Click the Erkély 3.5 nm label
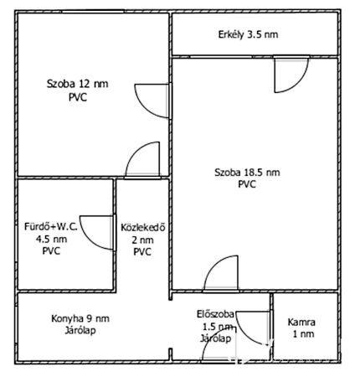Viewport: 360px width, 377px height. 248,35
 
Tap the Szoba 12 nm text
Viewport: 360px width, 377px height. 77,84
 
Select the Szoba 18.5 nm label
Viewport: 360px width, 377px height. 247,173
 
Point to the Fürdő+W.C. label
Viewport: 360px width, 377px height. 51,226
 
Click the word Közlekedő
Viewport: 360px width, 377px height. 143,227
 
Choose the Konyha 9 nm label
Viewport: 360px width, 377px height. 80,318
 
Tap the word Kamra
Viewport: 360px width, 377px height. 301,323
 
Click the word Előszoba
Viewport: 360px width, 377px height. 215,314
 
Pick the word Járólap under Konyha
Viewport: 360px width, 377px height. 80,331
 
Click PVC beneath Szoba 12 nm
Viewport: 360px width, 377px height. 78,97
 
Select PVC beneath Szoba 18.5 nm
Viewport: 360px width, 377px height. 247,184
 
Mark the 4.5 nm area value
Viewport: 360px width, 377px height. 51,240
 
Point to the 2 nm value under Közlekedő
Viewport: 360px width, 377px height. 142,240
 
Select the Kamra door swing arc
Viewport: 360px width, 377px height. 245,334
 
